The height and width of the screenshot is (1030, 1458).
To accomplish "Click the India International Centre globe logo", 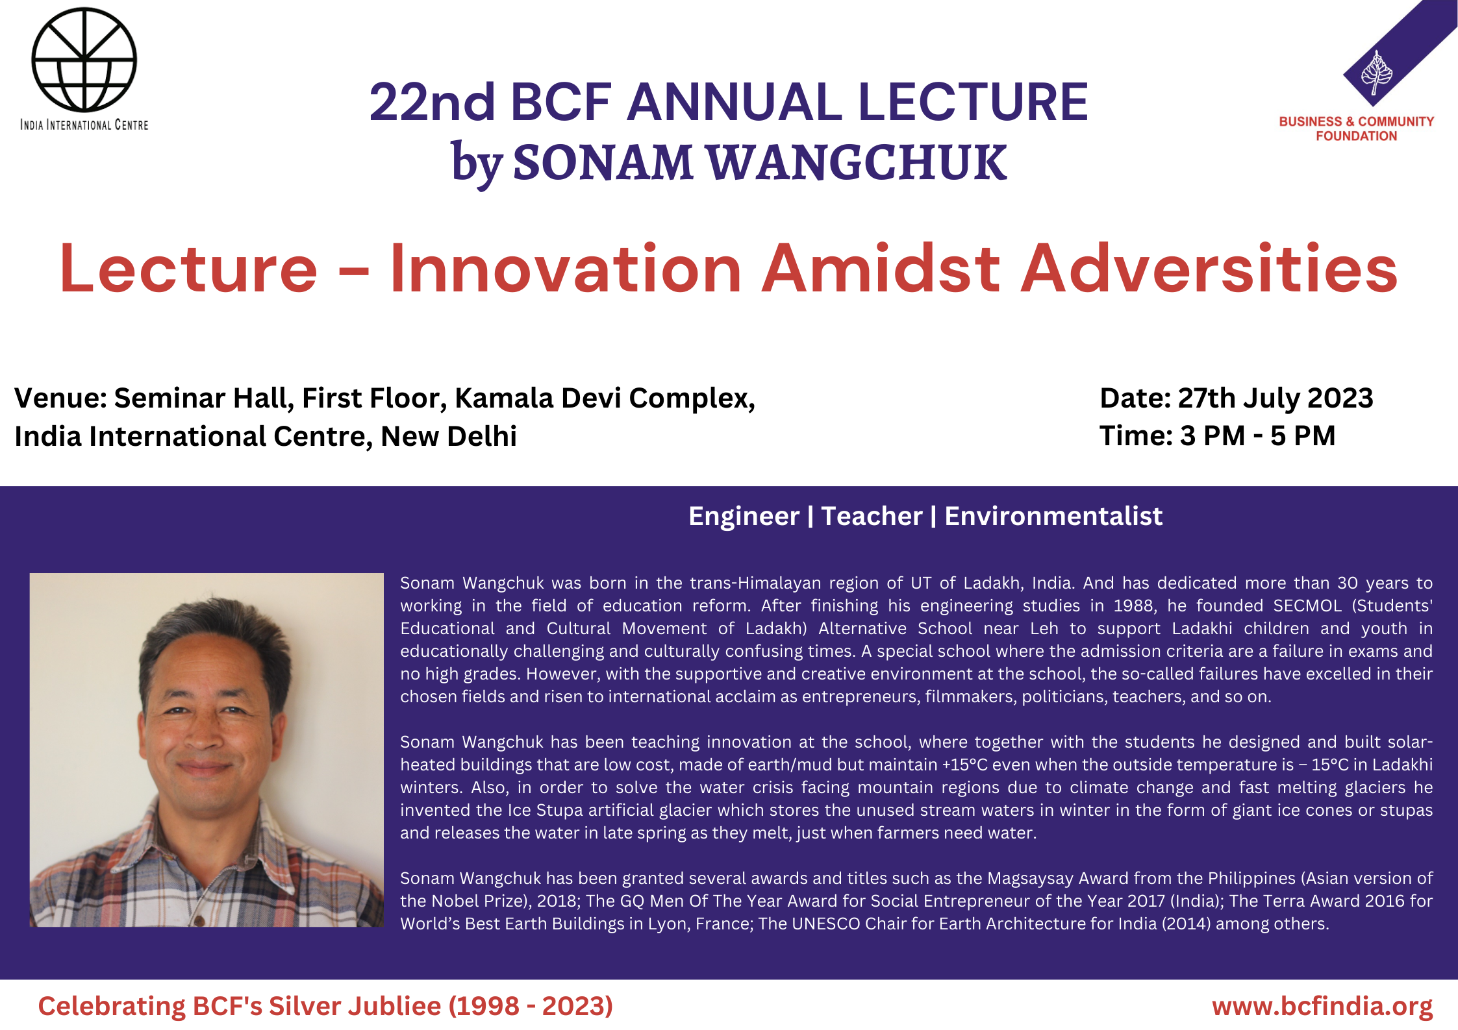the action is [84, 59].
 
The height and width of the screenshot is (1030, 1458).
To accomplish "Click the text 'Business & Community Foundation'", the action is [1357, 129].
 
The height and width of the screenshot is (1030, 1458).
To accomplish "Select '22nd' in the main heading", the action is [433, 102].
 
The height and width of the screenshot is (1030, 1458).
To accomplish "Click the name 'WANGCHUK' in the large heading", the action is [857, 162].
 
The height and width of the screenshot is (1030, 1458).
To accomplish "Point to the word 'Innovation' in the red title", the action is [566, 268].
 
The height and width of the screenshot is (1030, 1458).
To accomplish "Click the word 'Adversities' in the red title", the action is [1209, 268].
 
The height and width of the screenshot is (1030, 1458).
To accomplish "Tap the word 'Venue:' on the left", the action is [60, 398].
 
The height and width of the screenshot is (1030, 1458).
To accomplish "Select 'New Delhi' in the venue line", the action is [449, 436].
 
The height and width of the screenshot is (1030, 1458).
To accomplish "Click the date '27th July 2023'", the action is [1276, 398].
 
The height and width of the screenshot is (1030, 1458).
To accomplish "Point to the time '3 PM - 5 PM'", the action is [1257, 435].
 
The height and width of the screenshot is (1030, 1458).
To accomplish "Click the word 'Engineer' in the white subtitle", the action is [744, 517].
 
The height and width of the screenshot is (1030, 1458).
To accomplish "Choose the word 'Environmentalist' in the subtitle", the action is [1053, 516].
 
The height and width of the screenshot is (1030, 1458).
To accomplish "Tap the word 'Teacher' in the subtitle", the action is [872, 516].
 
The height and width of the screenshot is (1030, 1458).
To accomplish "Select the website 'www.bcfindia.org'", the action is [1322, 1006].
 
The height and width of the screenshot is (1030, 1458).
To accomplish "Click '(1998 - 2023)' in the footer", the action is [531, 1006].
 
